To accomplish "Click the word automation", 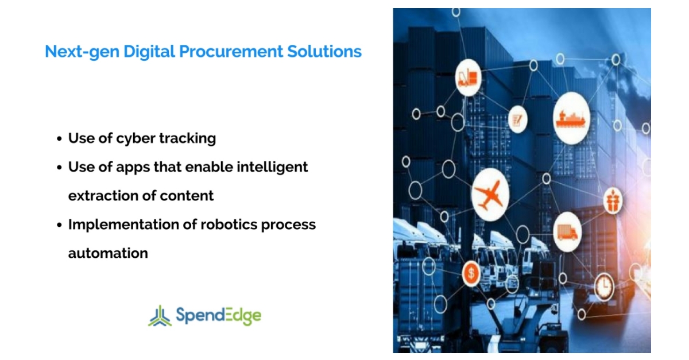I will pyautogui.click(x=108, y=253).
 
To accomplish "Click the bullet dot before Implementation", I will pyautogui.click(x=59, y=225).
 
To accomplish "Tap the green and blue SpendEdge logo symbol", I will pyautogui.click(x=160, y=315).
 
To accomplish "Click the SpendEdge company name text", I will pyautogui.click(x=218, y=315).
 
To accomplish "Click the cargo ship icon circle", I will pyautogui.click(x=571, y=117).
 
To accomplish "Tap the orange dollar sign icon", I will pyautogui.click(x=471, y=273).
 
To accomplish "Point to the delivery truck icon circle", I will pyautogui.click(x=567, y=232).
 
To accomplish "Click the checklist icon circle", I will pyautogui.click(x=517, y=119).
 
